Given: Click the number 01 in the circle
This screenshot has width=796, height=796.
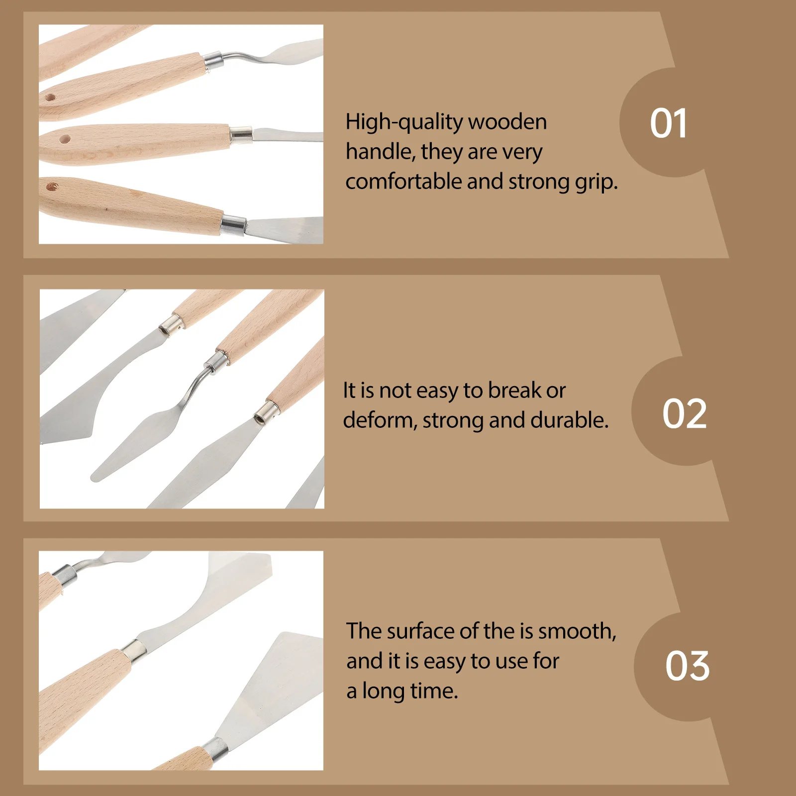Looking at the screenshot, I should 668,123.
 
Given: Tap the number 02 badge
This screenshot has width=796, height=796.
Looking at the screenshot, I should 684,414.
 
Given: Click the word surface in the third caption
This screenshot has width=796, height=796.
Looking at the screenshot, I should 421,631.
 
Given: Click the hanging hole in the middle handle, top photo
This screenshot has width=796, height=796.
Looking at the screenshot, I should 65,139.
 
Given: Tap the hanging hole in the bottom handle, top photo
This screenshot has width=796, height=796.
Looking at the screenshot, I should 52,188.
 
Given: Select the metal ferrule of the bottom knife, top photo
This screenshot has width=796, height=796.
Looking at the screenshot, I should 233,225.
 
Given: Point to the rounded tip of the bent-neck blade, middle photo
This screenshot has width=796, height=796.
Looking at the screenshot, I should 96,477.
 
